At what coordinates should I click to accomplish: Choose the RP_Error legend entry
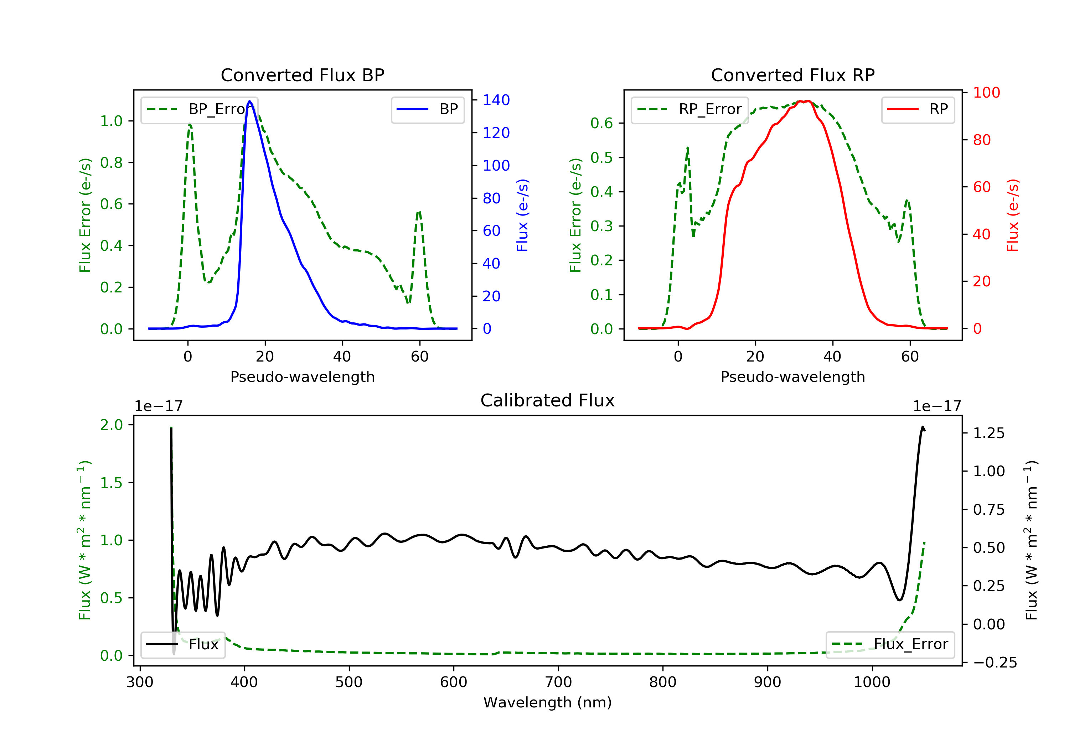[x=689, y=109]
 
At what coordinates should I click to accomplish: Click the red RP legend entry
[x=918, y=109]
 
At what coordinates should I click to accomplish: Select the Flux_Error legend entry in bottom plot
[x=890, y=644]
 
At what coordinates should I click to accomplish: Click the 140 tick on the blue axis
[x=496, y=100]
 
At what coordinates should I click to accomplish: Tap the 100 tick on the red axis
[x=986, y=93]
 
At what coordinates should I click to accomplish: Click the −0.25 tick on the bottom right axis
[x=995, y=663]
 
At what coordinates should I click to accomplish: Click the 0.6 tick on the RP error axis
[x=601, y=123]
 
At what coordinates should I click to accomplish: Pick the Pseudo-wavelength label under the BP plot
[x=302, y=377]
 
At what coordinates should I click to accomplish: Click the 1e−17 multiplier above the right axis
[x=937, y=406]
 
